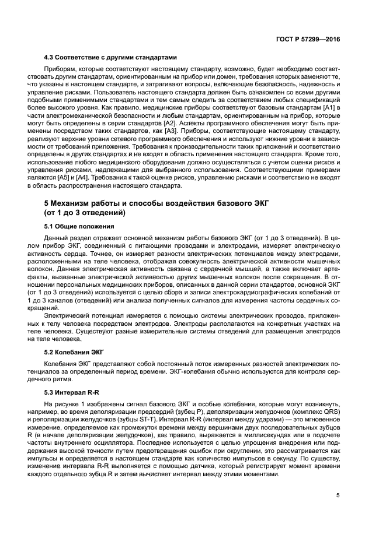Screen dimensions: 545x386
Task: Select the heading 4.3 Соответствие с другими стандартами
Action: (x=110, y=57)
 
